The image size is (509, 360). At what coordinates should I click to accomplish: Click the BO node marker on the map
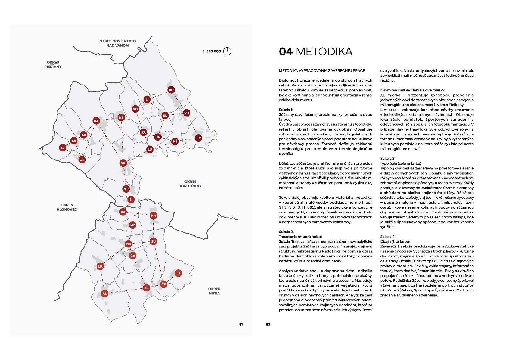pos(171,90)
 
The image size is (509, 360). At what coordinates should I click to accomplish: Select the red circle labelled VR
pos(123,163)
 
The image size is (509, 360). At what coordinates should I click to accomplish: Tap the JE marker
pos(178,273)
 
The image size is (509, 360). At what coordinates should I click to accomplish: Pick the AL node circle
pos(105,293)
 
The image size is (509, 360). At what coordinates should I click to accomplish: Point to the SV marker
pos(63,148)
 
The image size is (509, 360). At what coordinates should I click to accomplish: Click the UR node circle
pos(198,138)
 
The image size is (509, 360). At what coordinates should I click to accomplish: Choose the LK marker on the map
pos(100,266)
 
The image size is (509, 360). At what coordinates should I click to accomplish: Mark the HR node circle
pos(153,216)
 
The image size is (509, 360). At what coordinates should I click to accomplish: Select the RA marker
pos(96,121)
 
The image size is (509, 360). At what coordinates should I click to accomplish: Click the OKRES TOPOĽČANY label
pos(190,184)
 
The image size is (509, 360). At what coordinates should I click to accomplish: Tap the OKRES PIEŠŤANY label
pos(53,64)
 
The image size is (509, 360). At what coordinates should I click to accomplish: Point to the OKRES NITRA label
pos(214,291)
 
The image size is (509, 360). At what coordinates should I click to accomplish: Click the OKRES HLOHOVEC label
pos(67,207)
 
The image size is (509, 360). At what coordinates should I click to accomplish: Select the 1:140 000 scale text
pos(212,51)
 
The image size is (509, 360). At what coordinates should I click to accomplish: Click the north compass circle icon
pos(227,51)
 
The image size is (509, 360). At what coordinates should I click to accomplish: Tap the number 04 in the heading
pos(285,52)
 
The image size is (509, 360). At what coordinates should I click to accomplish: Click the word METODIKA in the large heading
pos(324,52)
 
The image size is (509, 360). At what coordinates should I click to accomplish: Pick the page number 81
pos(241,324)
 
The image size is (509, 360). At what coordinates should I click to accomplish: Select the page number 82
pos(268,324)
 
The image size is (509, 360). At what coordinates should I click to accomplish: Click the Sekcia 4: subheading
pos(388,237)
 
